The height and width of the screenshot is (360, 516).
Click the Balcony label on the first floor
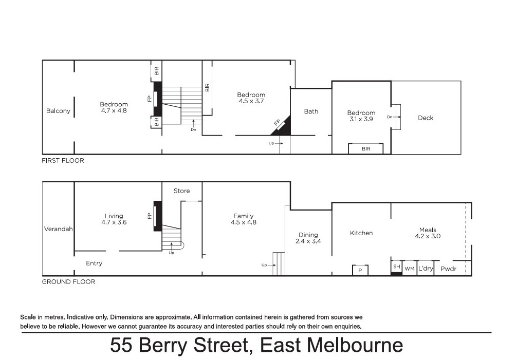point(58,111)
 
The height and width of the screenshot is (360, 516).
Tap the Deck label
point(426,118)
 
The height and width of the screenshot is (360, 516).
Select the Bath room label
point(311,111)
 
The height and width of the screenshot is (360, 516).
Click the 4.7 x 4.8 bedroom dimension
point(114,111)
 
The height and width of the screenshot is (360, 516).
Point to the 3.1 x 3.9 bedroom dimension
point(361,119)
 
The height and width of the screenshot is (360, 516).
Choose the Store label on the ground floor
point(181,191)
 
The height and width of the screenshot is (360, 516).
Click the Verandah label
point(58,229)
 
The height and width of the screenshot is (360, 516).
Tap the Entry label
point(94,263)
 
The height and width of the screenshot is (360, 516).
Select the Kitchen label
point(361,233)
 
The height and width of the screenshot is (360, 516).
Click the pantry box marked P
point(360,270)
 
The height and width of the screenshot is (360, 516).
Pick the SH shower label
point(397,267)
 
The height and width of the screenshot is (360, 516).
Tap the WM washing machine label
point(410,269)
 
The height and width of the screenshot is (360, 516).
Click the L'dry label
point(426,269)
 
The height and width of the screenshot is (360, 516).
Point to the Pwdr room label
point(449,269)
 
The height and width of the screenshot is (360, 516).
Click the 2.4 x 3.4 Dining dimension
point(308,241)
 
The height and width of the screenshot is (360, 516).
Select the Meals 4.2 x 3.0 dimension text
point(428,236)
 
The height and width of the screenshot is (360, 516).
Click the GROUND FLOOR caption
point(68,282)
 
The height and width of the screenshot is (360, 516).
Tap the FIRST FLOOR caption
point(63,160)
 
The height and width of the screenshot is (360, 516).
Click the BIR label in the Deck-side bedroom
point(366,149)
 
